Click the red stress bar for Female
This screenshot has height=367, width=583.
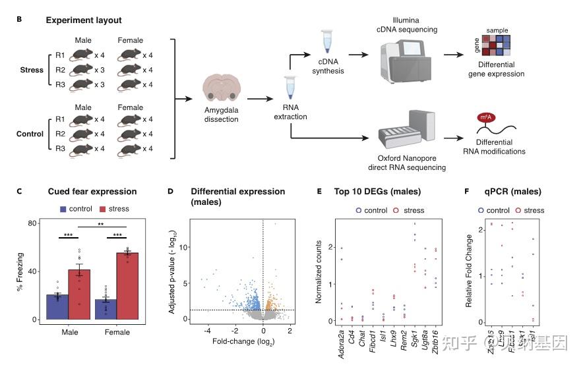[x=127, y=285]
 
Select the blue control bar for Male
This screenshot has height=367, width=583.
[x=58, y=306]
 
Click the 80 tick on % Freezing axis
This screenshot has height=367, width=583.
[x=32, y=223]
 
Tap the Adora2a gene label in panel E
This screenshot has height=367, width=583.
[x=342, y=343]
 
